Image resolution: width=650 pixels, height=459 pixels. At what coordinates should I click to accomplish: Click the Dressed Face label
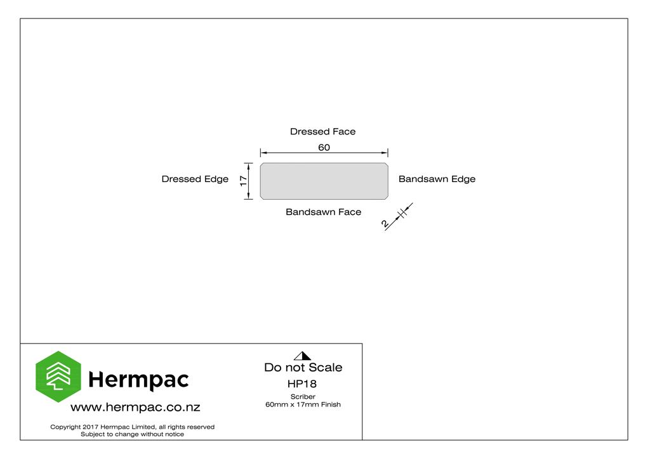322,132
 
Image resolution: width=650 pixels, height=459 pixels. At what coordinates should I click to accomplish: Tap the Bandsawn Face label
323,212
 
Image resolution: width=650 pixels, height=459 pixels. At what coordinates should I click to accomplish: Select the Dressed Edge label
195,179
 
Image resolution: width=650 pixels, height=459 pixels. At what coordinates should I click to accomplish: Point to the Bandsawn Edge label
437,179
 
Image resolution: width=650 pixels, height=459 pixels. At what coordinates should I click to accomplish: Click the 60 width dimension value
324,147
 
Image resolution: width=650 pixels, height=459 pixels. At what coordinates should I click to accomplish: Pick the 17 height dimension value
243,181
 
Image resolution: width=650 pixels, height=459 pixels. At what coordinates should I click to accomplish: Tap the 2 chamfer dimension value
385,224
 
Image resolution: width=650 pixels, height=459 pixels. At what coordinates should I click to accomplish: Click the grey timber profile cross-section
324,181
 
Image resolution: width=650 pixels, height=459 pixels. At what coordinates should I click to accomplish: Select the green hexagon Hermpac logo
58,377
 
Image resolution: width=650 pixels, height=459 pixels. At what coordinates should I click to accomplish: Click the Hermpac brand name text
138,380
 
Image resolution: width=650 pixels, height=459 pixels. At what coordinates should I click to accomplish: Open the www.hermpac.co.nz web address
135,407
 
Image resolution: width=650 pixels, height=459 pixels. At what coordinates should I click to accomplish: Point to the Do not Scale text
303,368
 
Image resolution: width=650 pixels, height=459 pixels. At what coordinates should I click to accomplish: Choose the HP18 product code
302,384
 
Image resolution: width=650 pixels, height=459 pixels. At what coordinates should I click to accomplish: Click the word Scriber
303,396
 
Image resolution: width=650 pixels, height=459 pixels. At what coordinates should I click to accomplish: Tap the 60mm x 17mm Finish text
303,404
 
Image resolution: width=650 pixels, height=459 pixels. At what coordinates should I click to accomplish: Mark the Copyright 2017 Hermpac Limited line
132,427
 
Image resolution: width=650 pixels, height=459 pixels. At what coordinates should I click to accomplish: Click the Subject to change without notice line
132,434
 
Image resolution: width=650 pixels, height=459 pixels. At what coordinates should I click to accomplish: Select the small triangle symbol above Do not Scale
302,356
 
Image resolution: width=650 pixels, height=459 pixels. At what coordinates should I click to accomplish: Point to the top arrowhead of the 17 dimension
248,165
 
